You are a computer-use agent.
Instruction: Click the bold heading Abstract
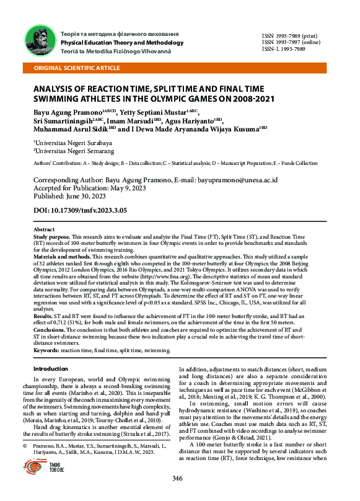point(43,229)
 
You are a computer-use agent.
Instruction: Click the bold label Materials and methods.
point(61,258)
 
